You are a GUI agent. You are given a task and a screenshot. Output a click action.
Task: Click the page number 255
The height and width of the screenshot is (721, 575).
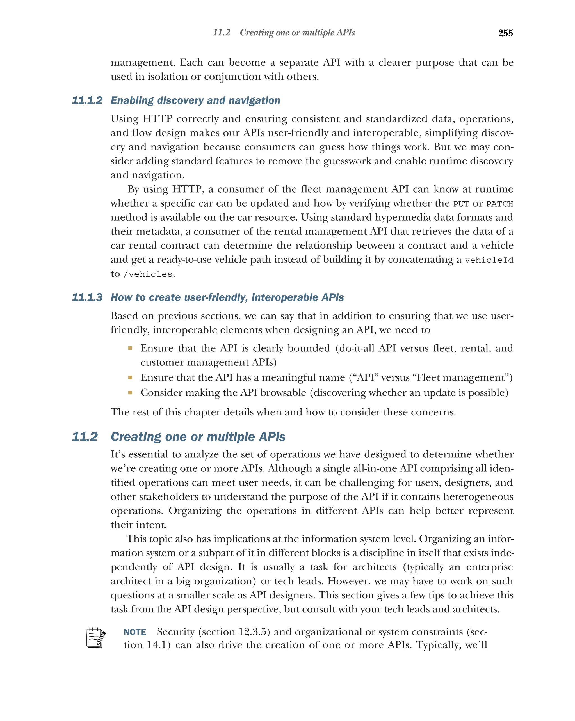(505, 33)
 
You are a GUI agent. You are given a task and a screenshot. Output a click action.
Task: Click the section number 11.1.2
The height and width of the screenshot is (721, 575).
(87, 100)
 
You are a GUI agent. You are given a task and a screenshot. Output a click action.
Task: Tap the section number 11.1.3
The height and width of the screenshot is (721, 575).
(87, 297)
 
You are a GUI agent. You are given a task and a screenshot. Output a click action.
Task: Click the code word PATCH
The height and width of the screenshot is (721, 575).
(499, 204)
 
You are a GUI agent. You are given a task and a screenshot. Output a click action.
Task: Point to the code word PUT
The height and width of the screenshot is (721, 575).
(461, 204)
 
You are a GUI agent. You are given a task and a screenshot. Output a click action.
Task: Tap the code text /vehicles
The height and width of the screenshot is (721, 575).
(148, 274)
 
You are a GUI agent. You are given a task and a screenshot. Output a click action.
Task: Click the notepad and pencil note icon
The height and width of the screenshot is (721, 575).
(96, 638)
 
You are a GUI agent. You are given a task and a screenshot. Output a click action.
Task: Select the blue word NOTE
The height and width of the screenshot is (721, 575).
(134, 632)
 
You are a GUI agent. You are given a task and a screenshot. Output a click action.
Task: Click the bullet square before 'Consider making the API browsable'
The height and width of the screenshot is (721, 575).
(130, 393)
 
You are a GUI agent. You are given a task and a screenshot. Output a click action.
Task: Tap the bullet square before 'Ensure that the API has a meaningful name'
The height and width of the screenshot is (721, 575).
(130, 377)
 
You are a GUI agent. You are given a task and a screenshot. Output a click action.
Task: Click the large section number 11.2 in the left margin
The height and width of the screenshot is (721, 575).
(85, 437)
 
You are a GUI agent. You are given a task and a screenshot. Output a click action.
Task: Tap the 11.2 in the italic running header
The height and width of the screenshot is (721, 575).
(222, 33)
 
